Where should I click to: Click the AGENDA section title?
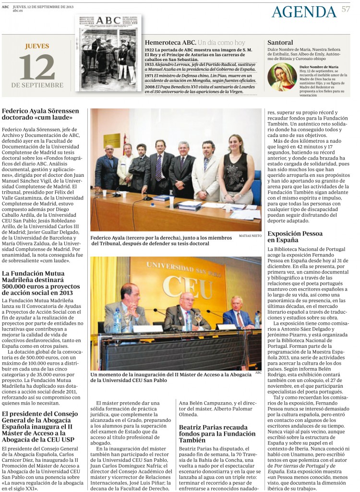pyautogui.click(x=304, y=12)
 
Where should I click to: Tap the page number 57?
pyautogui.click(x=346, y=9)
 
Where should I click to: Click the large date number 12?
pyautogui.click(x=37, y=67)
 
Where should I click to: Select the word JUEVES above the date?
pyautogui.click(x=37, y=47)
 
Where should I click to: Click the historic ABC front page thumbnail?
pyautogui.click(x=108, y=53)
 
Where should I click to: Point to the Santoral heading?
pyautogui.click(x=280, y=42)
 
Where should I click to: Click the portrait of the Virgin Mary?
pyautogui.click(x=282, y=77)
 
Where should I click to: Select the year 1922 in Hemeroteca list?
pyautogui.click(x=149, y=49)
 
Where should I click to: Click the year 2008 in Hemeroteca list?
pyautogui.click(x=149, y=86)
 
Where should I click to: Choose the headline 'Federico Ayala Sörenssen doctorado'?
pyautogui.click(x=40, y=114)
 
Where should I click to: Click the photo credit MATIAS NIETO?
pyautogui.click(x=250, y=236)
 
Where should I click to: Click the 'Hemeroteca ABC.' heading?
pyautogui.click(x=170, y=42)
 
